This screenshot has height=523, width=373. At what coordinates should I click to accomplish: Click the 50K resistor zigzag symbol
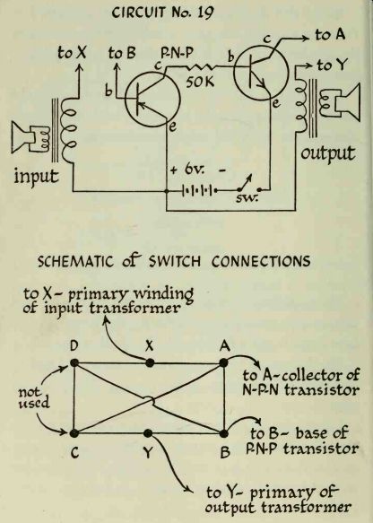200,68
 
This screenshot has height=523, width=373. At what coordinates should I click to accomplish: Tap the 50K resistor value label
200,82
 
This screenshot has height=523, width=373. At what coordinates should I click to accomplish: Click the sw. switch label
247,198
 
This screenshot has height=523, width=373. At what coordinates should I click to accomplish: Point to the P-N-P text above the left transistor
177,52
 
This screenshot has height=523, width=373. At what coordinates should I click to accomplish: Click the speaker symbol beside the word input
30,138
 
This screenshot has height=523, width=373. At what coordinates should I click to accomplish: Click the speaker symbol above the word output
341,102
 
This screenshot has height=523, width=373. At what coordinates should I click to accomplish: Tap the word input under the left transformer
36,176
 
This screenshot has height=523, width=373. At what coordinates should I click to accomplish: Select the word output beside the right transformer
327,153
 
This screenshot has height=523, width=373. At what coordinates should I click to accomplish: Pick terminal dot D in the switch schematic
74,362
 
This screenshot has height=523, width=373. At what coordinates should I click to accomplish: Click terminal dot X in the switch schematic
150,362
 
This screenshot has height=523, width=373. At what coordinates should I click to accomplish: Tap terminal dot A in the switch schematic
223,362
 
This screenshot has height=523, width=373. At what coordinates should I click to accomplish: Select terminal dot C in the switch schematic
74,433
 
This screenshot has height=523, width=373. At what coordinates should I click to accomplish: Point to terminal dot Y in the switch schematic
148,433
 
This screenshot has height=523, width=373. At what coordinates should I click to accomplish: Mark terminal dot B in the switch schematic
224,433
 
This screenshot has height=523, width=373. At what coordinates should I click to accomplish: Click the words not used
34,397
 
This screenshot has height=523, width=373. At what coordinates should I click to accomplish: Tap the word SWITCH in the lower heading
175,261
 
